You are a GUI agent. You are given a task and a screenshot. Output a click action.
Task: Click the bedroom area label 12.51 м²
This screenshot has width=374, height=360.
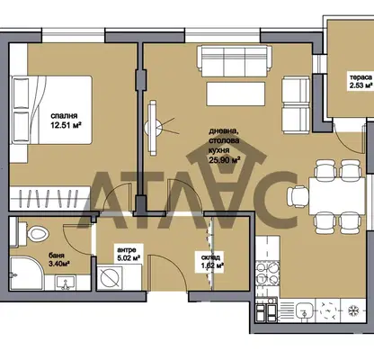(67, 125)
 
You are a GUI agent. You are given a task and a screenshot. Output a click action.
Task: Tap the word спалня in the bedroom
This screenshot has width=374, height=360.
(64, 116)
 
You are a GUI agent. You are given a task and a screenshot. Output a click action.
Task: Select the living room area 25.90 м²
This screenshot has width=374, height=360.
(225, 160)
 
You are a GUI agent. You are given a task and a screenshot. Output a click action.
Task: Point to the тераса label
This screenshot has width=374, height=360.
(360, 77)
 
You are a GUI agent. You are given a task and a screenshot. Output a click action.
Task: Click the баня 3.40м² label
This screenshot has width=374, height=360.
(59, 260)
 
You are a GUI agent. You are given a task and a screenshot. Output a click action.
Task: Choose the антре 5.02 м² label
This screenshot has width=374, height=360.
(129, 254)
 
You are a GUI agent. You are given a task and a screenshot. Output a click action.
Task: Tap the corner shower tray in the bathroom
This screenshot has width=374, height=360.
(26, 274)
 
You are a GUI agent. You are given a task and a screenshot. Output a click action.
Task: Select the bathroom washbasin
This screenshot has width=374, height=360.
(65, 283)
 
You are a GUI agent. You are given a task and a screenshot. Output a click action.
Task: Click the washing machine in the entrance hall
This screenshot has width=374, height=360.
(110, 277)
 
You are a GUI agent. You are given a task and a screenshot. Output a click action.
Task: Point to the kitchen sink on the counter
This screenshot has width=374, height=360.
(304, 310)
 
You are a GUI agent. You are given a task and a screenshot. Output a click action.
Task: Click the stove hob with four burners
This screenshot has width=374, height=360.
(267, 273)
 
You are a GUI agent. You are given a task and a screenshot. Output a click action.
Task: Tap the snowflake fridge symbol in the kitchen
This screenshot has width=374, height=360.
(353, 310)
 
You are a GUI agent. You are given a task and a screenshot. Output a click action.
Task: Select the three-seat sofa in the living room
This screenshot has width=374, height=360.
(235, 61)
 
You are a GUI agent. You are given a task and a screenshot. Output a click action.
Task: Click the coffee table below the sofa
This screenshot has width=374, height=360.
(236, 94)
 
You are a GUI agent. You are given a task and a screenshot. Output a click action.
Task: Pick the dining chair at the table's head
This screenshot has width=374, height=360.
(298, 196)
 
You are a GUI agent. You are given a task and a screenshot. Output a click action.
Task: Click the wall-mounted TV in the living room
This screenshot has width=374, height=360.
(153, 128)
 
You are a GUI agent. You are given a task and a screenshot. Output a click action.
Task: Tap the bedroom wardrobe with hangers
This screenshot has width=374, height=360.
(49, 198)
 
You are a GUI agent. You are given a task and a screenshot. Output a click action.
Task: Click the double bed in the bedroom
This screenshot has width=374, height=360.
(51, 110)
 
